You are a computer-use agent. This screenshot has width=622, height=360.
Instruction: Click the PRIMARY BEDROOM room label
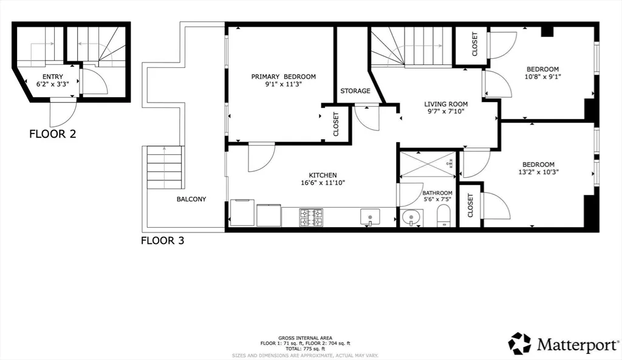(284, 76)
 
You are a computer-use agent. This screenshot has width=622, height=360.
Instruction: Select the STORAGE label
(355, 91)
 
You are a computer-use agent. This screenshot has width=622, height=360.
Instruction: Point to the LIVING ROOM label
(445, 104)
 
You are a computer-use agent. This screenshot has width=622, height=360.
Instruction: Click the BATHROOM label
(437, 193)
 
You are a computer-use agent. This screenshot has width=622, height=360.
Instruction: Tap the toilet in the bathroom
(444, 216)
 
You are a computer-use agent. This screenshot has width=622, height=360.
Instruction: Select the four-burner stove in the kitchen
(310, 217)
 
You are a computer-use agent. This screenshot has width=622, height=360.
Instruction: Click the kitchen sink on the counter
(369, 216)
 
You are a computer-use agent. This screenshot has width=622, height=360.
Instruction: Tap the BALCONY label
(191, 199)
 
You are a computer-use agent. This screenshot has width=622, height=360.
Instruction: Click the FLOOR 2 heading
(52, 134)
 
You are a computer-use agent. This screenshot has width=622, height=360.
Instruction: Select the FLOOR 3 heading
(162, 240)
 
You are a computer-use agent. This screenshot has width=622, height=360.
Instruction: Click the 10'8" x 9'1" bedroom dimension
(542, 77)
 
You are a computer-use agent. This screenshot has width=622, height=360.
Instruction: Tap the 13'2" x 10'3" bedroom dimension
(538, 172)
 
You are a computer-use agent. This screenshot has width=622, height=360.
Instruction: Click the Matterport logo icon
(519, 343)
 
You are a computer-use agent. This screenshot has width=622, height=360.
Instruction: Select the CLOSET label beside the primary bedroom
(336, 124)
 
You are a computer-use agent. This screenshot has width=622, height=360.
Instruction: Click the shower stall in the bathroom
(427, 163)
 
